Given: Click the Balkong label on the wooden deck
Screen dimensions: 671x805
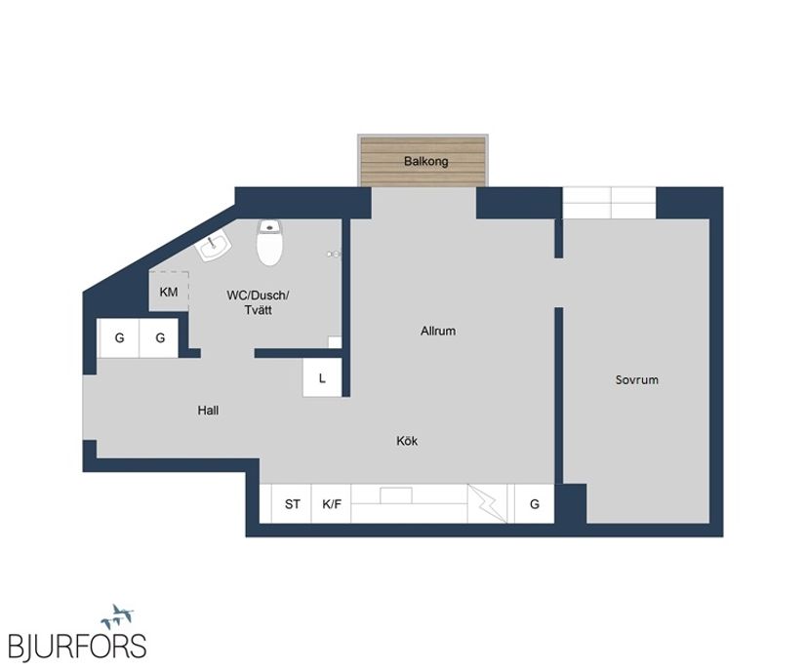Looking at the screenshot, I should (426, 161).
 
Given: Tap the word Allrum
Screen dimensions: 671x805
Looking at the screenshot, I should (438, 332).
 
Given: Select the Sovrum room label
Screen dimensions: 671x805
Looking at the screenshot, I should (636, 379).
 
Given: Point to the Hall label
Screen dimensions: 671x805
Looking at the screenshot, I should (208, 411).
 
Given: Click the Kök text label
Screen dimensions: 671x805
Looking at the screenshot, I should (407, 441).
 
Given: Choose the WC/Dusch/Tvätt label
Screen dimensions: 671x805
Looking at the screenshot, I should (258, 302).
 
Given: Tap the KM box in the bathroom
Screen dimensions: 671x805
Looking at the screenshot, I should (169, 292).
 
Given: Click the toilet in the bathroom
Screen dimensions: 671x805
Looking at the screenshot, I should (270, 244).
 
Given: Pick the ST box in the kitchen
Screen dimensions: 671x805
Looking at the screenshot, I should (292, 504).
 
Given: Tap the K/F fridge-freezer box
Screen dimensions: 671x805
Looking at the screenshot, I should (332, 504).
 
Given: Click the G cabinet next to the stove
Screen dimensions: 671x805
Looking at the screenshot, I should (534, 504).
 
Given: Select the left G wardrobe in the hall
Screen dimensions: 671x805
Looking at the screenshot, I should (119, 338).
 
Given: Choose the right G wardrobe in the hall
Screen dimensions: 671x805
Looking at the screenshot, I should (159, 338).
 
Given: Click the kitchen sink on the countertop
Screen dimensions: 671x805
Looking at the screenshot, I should (396, 495).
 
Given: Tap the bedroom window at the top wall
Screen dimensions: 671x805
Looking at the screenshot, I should (609, 203).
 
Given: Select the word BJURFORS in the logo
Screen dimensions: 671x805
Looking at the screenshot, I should (77, 646).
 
